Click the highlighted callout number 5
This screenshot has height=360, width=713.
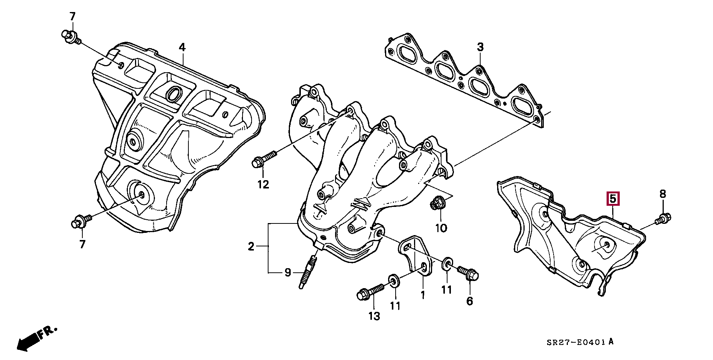(613, 199)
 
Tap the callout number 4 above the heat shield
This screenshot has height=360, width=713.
(182, 47)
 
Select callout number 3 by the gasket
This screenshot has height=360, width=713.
(480, 47)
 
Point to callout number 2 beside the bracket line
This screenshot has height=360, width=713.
(251, 247)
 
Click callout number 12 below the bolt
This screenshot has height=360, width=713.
(263, 185)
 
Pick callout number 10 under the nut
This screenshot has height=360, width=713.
(441, 228)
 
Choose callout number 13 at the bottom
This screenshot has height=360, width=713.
(374, 316)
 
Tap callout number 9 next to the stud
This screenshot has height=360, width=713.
(288, 272)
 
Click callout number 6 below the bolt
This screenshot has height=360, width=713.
(470, 301)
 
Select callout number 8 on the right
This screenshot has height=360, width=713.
(663, 194)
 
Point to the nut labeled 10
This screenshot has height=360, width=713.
(438, 203)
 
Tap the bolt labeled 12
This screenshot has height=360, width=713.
(263, 159)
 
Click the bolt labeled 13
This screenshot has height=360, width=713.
(370, 292)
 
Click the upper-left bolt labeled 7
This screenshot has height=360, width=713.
(70, 36)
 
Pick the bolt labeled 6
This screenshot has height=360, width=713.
(468, 273)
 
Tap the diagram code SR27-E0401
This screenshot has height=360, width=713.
(576, 342)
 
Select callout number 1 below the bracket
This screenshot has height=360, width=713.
(423, 295)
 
